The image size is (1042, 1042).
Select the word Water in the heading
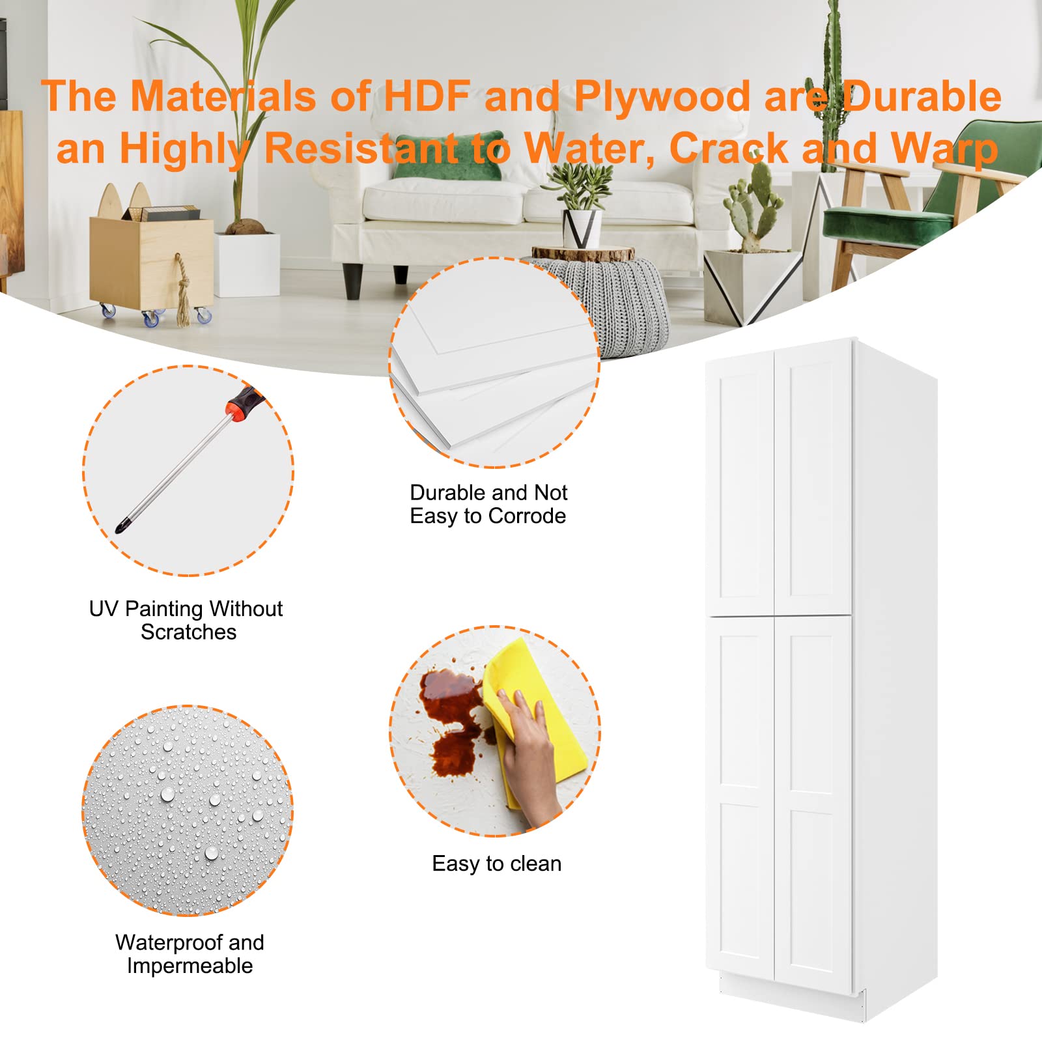589,149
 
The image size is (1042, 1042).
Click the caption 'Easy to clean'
496,864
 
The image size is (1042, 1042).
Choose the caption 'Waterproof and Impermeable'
190,954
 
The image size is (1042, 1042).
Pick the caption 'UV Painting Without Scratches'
186,620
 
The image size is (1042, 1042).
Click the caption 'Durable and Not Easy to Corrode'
488,504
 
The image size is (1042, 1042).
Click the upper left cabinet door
739,482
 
